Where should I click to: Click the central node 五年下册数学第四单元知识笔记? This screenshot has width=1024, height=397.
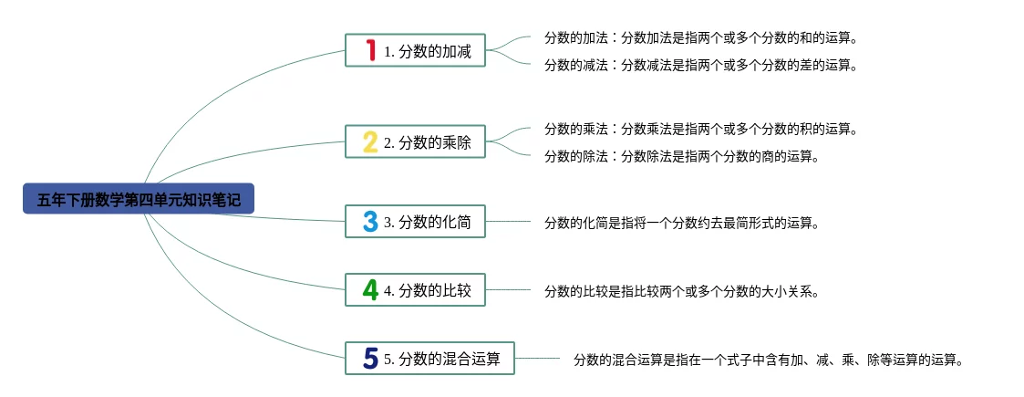coord(139,199)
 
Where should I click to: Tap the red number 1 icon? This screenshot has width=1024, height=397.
coord(370,50)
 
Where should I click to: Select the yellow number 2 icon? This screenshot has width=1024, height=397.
coord(370,141)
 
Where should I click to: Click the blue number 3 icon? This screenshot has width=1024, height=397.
coord(370,221)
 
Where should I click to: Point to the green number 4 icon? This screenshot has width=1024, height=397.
coord(370,289)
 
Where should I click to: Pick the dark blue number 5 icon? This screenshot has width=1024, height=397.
coord(370,358)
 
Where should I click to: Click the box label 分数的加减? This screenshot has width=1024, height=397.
coord(428,51)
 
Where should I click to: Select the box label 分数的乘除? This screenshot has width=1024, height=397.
coord(428,142)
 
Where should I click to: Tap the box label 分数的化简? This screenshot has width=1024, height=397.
coord(428,222)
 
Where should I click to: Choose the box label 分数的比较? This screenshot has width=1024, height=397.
coord(428,290)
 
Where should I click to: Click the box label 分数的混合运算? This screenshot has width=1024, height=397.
coord(442,359)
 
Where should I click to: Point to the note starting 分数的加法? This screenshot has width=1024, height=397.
coord(701,38)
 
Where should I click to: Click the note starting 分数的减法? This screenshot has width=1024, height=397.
coord(701,65)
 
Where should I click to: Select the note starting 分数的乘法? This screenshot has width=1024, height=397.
coord(701,129)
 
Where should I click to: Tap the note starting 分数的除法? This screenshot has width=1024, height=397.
coord(682,156)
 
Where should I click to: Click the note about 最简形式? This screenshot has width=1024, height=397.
coord(682,222)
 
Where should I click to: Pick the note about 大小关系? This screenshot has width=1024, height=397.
coord(682,291)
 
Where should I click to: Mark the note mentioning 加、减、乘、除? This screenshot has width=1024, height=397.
coord(769,360)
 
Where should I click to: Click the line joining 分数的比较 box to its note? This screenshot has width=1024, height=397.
coord(508,290)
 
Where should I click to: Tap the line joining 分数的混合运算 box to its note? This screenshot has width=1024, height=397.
coord(538,359)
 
